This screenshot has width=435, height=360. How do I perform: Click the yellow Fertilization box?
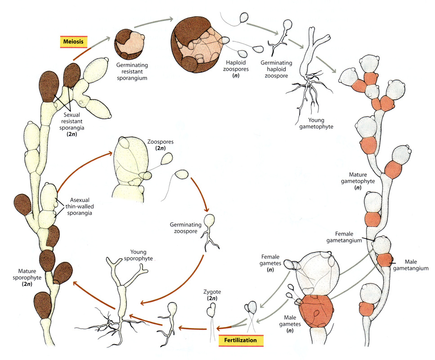(241, 340)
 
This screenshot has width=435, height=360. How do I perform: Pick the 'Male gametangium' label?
(410, 265)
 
